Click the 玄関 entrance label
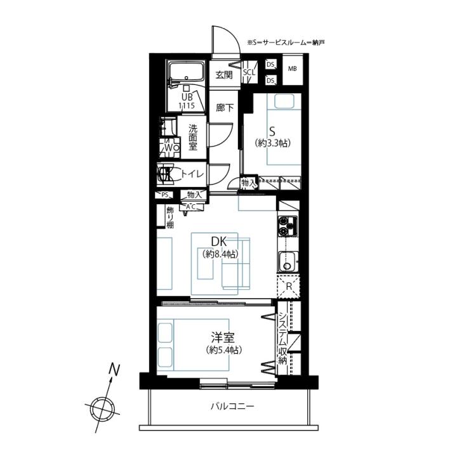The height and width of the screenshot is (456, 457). [224, 75]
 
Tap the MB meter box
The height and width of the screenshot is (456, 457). [293, 70]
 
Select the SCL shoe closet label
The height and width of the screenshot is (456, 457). [249, 72]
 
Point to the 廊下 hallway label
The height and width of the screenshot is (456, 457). [225, 108]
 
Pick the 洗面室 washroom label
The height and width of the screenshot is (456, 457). [193, 137]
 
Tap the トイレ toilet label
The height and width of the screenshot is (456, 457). [192, 174]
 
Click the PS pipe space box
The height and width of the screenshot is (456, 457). [164, 195]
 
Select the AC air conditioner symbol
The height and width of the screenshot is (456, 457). [191, 207]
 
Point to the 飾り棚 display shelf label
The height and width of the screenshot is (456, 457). [170, 218]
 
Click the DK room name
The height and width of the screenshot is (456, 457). [219, 242]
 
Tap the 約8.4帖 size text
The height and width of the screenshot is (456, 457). [220, 254]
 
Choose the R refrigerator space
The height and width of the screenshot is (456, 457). [289, 287]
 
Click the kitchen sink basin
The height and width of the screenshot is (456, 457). [288, 261]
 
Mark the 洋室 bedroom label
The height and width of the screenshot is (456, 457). [223, 337]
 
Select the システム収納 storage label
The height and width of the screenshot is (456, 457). [282, 339]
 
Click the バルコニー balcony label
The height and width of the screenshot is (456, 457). [232, 406]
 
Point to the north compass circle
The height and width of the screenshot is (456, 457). [102, 409]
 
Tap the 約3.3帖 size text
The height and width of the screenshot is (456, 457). [273, 143]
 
